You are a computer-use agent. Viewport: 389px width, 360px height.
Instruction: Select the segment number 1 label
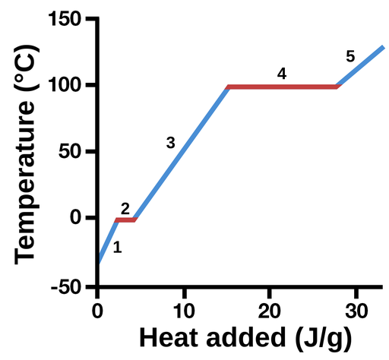pyautogui.click(x=117, y=247)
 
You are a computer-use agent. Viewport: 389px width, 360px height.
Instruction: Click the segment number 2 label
pyautogui.click(x=125, y=208)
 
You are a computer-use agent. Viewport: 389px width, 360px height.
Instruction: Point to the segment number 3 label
pyautogui.click(x=170, y=143)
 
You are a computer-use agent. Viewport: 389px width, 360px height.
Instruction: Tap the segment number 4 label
pyautogui.click(x=282, y=74)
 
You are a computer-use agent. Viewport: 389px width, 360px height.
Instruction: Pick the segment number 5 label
pyautogui.click(x=350, y=56)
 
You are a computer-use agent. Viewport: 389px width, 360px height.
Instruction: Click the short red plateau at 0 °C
pyautogui.click(x=125, y=219)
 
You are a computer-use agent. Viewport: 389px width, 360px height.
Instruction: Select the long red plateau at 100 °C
pyautogui.click(x=282, y=87)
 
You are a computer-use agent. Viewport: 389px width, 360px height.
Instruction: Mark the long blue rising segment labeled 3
pyautogui.click(x=182, y=153)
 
